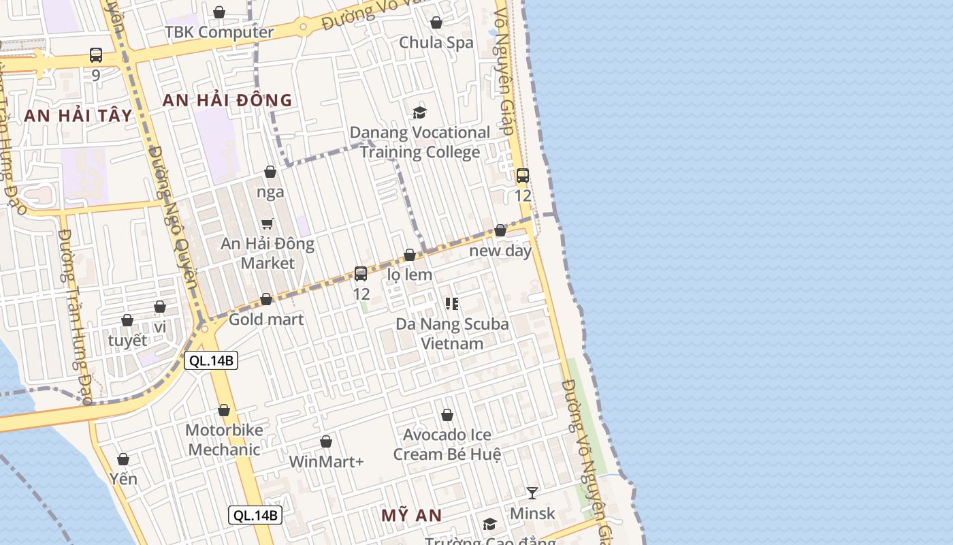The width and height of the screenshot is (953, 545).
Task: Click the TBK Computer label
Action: [219, 32]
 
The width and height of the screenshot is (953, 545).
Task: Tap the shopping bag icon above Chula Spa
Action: [436, 22]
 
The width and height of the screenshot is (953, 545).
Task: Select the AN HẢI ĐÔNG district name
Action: [227, 100]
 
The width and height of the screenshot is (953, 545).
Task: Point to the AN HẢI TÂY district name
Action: [78, 115]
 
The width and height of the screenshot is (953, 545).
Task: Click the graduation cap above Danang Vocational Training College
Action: [419, 112]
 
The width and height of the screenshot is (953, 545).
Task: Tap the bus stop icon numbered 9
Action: [96, 55]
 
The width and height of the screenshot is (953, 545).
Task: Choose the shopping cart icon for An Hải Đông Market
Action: [268, 223]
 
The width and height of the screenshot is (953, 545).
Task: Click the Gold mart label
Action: [266, 319]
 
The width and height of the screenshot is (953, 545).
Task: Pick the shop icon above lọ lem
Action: [410, 255]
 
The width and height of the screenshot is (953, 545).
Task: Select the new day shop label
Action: [500, 250]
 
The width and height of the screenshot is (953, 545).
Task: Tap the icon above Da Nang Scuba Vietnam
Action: [452, 303]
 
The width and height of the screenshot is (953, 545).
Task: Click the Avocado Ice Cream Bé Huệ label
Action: [447, 444]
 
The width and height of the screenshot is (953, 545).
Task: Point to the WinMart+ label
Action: [326, 461]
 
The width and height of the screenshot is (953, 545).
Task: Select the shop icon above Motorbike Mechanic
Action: [224, 410]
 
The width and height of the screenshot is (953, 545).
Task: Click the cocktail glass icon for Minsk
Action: [532, 493]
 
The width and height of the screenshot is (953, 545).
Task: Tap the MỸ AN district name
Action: [411, 515]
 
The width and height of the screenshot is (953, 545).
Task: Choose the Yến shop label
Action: [123, 478]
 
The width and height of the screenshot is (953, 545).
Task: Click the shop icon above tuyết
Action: [127, 320]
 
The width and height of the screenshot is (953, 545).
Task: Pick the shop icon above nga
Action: [270, 172]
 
